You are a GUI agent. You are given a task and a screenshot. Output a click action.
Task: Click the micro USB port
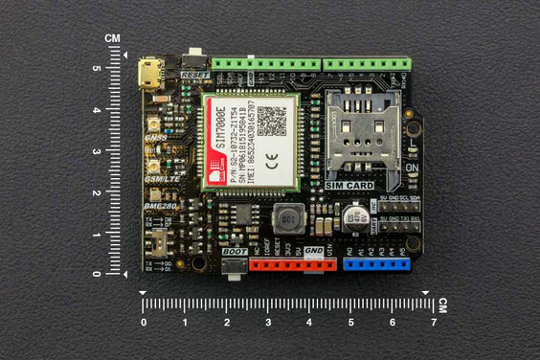point(148,73)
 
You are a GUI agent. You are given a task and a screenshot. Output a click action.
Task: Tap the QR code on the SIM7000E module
point(271,120)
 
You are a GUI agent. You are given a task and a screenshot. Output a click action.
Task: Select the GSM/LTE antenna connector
point(150,166)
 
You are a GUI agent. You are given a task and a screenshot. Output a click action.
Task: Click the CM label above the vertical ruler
point(113,38)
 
